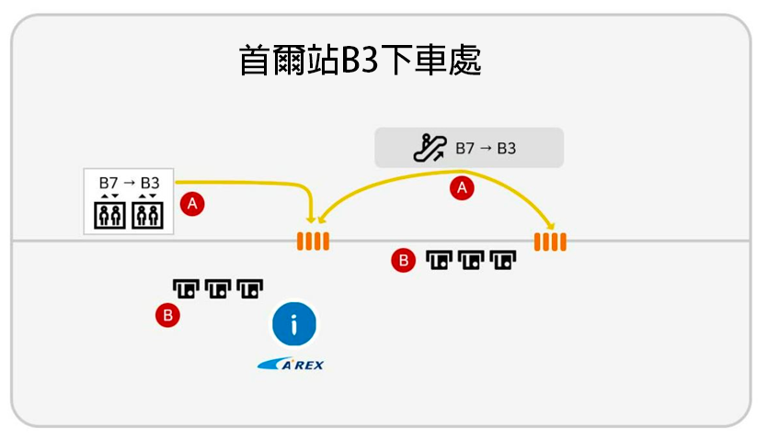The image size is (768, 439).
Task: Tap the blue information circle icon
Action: (x=294, y=323)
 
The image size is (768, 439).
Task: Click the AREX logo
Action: (x=292, y=365)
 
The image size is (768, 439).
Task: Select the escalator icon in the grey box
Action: (x=429, y=147)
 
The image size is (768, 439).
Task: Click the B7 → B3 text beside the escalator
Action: (x=486, y=147)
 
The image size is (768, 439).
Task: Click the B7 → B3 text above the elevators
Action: (x=129, y=183)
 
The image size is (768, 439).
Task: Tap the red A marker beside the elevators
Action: (x=192, y=204)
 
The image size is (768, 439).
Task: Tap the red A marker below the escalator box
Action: (x=463, y=188)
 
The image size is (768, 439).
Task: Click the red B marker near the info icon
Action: (x=167, y=316)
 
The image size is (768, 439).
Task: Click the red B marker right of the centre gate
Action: (x=402, y=261)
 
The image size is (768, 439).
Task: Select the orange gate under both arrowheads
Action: (x=312, y=242)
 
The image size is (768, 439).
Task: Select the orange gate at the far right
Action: (x=550, y=242)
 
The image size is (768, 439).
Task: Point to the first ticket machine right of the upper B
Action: (x=439, y=262)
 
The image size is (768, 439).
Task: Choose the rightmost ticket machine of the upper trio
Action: (x=503, y=262)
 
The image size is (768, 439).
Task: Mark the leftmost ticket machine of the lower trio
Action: (x=187, y=289)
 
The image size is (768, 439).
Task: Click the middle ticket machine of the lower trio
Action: (x=218, y=289)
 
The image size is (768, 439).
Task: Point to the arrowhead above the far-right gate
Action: (x=553, y=226)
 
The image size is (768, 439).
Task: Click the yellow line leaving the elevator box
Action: (x=239, y=182)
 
